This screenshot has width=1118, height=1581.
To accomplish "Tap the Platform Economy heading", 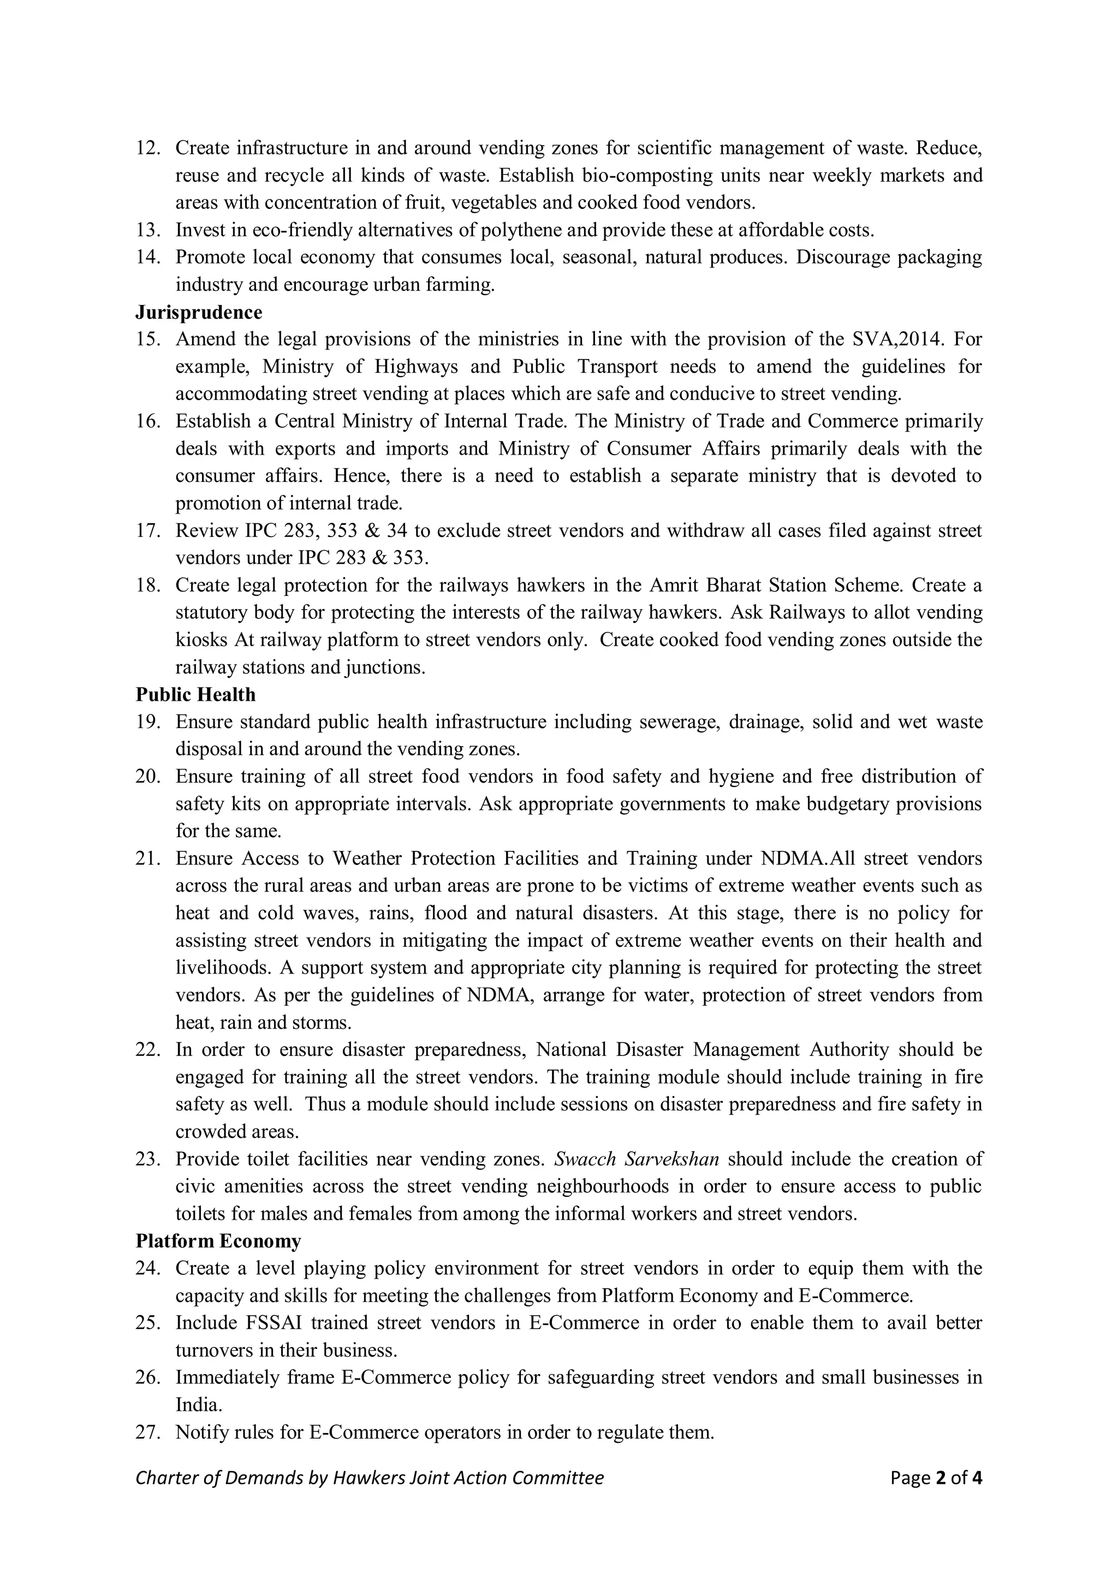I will (x=218, y=1242).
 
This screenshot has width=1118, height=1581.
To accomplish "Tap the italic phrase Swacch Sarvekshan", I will (x=637, y=1160).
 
